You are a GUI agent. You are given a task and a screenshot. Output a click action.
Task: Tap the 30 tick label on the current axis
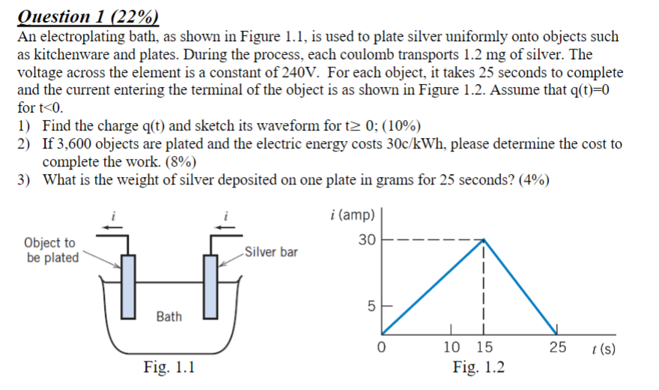[365, 241]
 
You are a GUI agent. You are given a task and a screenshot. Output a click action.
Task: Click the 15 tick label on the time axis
[484, 347]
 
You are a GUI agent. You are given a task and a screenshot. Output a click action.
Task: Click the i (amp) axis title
[351, 215]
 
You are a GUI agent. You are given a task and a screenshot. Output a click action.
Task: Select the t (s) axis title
[603, 348]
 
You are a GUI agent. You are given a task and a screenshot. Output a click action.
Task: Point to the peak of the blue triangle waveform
[484, 240]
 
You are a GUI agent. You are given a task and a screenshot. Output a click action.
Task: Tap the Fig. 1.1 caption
[169, 367]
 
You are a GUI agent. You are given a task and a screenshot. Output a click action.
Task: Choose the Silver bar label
[270, 251]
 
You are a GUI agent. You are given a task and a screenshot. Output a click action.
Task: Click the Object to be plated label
[51, 250]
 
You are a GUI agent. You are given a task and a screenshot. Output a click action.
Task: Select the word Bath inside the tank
[168, 316]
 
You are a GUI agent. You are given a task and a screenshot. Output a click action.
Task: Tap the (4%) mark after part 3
[531, 179]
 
